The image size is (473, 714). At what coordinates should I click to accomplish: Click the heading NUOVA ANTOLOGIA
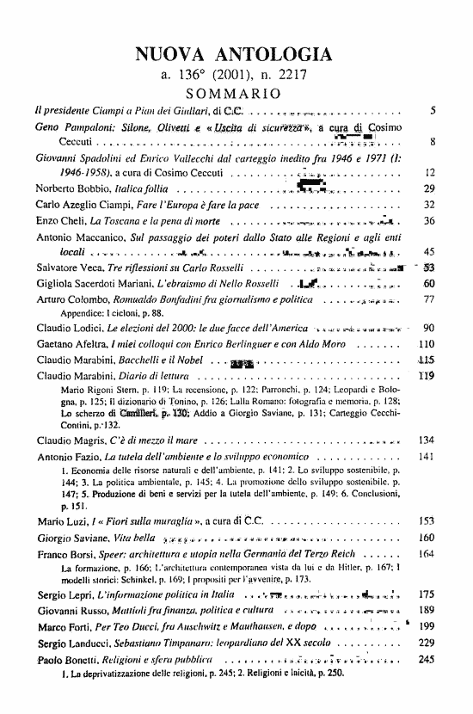tap(233, 56)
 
